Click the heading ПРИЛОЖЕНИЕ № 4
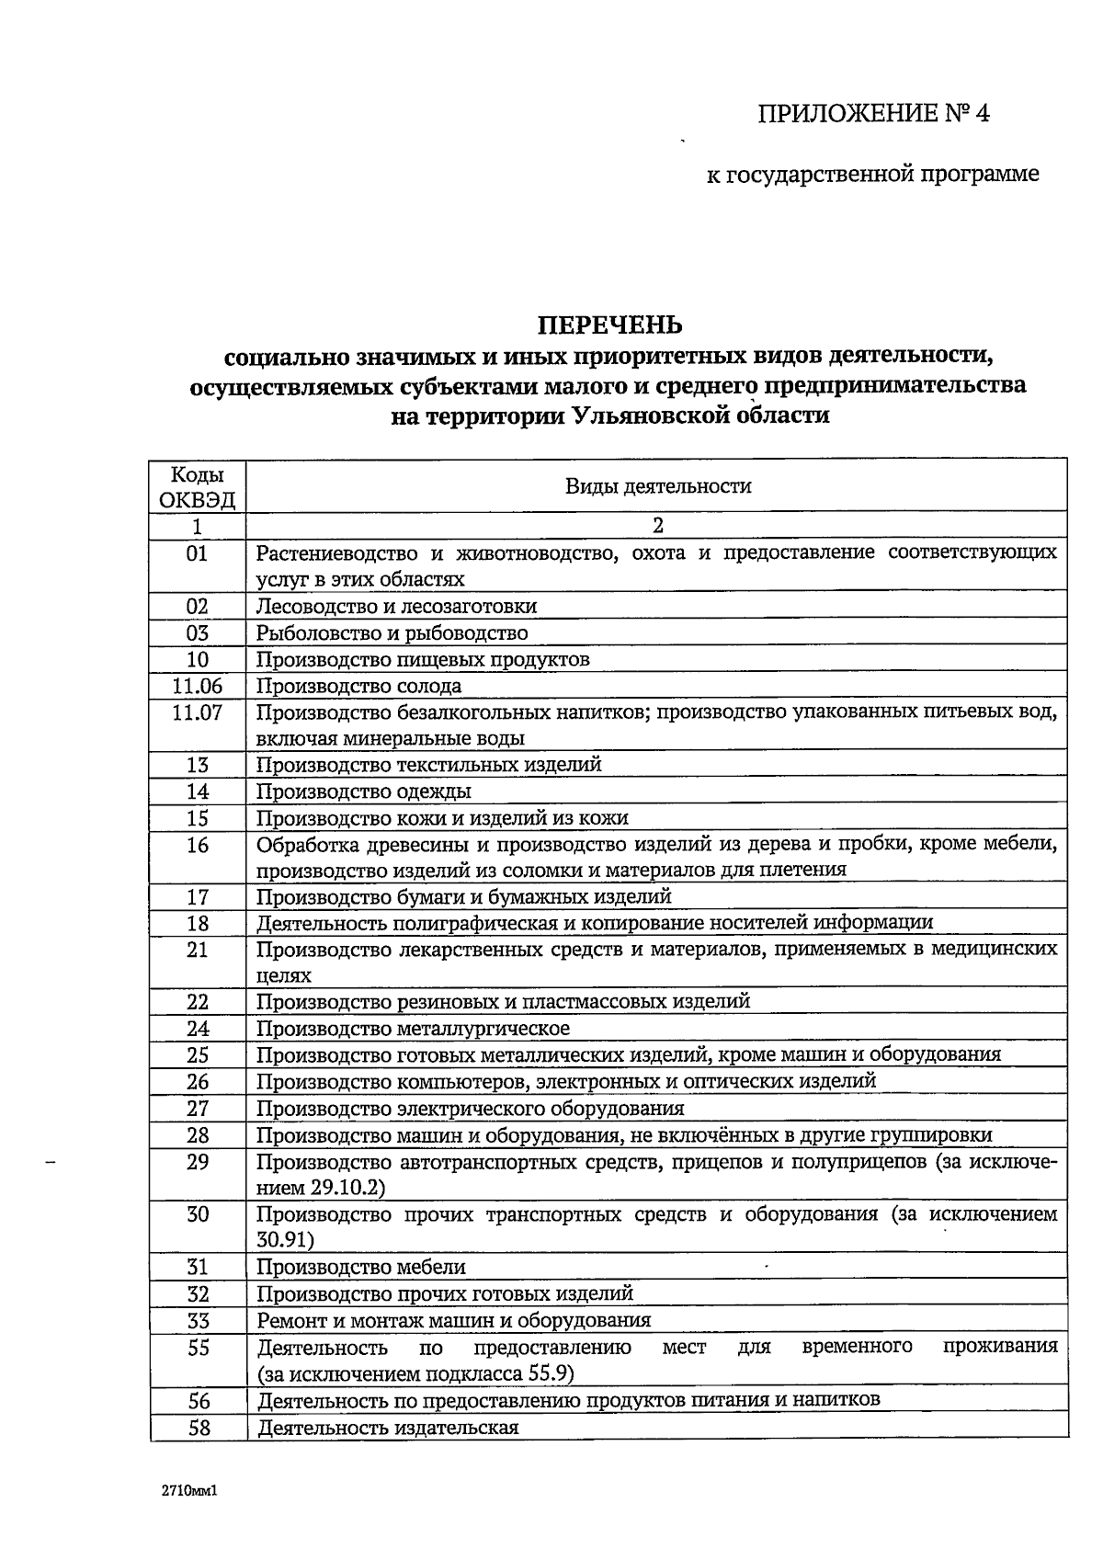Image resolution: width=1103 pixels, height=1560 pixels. (874, 114)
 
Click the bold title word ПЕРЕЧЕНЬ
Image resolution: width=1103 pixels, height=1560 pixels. (609, 325)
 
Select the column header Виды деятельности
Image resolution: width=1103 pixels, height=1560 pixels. (657, 486)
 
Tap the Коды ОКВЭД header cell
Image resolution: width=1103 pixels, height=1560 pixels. (198, 487)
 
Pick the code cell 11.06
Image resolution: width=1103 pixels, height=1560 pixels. (198, 686)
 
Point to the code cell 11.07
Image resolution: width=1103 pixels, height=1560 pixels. (198, 712)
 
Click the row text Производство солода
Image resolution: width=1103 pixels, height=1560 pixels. (358, 686)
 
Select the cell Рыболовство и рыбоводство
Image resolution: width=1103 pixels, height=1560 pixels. (392, 633)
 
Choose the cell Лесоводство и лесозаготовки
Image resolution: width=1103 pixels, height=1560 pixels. (396, 607)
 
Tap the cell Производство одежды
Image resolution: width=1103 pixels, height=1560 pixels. (363, 791)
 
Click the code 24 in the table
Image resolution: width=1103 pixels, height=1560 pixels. (198, 1029)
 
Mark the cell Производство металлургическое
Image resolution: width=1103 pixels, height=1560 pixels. (413, 1029)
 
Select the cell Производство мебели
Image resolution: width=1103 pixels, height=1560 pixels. (360, 1268)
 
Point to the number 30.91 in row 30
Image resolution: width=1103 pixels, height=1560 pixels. (285, 1240)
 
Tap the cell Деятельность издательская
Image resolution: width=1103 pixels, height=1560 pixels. (388, 1428)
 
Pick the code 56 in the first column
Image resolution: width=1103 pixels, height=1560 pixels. (198, 1401)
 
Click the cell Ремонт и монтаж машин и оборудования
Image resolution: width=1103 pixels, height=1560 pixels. (453, 1321)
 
